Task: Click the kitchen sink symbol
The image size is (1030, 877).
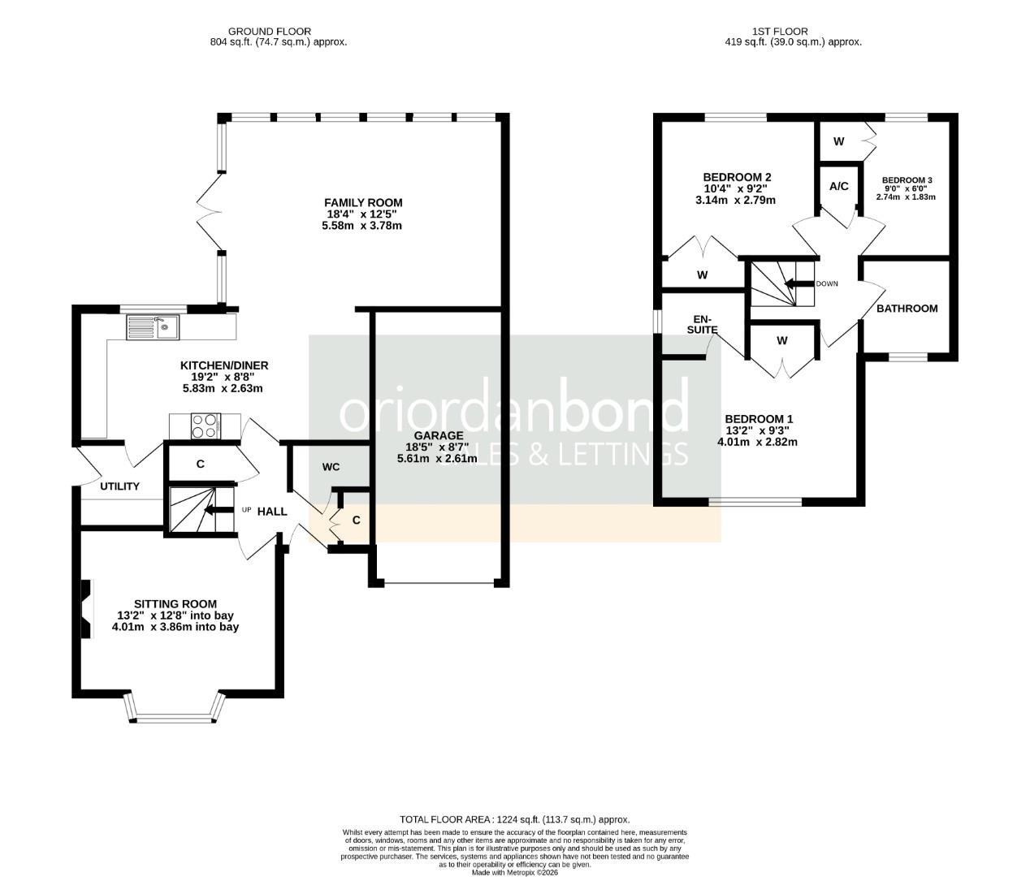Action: pyautogui.click(x=154, y=328)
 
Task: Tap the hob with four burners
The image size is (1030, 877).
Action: pyautogui.click(x=206, y=426)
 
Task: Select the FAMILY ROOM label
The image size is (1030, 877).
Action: pyautogui.click(x=363, y=202)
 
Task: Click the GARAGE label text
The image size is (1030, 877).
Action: pyautogui.click(x=438, y=435)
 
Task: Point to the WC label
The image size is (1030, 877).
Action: pyautogui.click(x=331, y=467)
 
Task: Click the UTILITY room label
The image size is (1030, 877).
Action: pyautogui.click(x=120, y=486)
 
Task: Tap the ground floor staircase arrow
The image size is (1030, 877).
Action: pyautogui.click(x=215, y=510)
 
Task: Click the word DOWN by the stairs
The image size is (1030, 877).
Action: pyautogui.click(x=826, y=283)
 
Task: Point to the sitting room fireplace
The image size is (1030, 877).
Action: pyautogui.click(x=87, y=607)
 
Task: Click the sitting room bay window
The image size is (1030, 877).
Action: pyautogui.click(x=175, y=714)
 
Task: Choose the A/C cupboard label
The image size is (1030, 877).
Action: pyautogui.click(x=838, y=186)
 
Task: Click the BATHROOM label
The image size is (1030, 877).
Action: pyautogui.click(x=907, y=309)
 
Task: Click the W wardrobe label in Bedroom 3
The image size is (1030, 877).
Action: pyautogui.click(x=838, y=141)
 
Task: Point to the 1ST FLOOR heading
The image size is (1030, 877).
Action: pyautogui.click(x=779, y=32)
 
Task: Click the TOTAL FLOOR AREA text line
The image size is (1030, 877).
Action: pyautogui.click(x=514, y=819)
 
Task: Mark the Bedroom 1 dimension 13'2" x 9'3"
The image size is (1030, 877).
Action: pyautogui.click(x=757, y=430)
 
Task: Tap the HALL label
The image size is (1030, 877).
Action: pyautogui.click(x=272, y=512)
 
